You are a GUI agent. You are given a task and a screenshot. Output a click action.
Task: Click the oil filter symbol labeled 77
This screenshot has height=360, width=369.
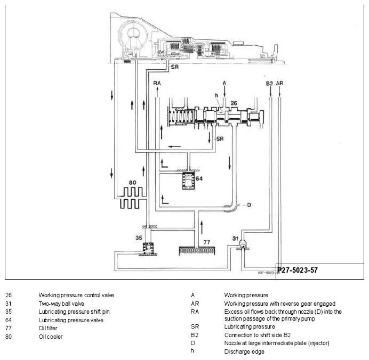pyautogui.click(x=197, y=251)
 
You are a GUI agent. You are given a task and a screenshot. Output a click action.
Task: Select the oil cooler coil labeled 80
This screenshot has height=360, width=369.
pyautogui.click(x=131, y=198)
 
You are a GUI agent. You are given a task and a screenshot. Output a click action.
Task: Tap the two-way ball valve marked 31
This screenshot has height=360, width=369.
pyautogui.click(x=242, y=246)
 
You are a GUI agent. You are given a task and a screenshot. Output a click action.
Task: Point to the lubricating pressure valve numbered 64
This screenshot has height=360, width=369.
pyautogui.click(x=189, y=181)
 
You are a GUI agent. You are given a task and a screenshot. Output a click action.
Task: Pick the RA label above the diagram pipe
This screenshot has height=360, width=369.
pyautogui.click(x=157, y=83)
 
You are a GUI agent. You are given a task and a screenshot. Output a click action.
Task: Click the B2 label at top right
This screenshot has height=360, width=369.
pyautogui.click(x=269, y=84)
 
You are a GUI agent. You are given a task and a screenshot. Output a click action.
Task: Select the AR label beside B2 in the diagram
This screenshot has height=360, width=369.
pyautogui.click(x=279, y=83)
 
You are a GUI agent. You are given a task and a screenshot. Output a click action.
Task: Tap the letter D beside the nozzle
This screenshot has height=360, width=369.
pyautogui.click(x=249, y=205)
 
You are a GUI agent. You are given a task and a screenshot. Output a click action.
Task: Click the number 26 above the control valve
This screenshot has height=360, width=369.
pyautogui.click(x=234, y=103)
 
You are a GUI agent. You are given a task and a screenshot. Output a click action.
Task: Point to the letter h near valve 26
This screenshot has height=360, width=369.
pyautogui.click(x=216, y=95)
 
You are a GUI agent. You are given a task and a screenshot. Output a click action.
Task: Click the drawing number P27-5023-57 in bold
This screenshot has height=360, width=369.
pyautogui.click(x=298, y=270)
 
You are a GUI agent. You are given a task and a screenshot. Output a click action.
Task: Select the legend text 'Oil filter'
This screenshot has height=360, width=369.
pyautogui.click(x=48, y=328)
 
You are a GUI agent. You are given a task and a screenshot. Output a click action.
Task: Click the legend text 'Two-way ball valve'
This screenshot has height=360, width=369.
pyautogui.click(x=61, y=304)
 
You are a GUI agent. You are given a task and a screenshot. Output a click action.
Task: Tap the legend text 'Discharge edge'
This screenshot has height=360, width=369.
pyautogui.click(x=244, y=351)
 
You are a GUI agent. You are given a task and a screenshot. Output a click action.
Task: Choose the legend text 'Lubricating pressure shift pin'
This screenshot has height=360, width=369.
pyautogui.click(x=74, y=312)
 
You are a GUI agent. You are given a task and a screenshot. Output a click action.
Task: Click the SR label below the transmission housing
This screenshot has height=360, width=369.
pyautogui.click(x=175, y=67)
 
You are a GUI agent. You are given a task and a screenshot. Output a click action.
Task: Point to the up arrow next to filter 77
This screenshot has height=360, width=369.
pyautogui.click(x=202, y=227)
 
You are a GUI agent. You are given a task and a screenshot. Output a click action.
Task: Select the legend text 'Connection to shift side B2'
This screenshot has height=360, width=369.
pyautogui.click(x=258, y=335)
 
